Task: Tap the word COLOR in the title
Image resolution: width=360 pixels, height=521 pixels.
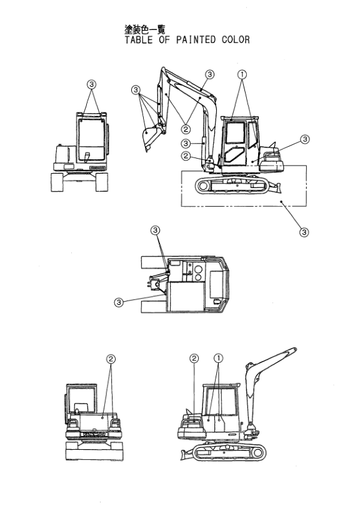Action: click(x=235, y=40)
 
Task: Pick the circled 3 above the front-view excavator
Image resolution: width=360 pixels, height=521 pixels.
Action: click(x=92, y=84)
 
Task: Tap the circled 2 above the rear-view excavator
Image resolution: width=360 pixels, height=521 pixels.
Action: click(x=111, y=359)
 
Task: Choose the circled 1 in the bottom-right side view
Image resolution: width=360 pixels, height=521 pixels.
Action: click(x=219, y=358)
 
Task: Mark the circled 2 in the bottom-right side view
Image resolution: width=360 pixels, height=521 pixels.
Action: click(x=194, y=358)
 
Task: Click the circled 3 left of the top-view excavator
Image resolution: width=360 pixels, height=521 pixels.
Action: click(x=119, y=302)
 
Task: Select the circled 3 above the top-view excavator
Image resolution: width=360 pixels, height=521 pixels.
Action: click(x=156, y=231)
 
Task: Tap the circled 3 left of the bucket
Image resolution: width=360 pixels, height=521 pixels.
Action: click(x=136, y=91)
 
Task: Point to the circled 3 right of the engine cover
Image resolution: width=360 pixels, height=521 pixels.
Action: click(x=304, y=139)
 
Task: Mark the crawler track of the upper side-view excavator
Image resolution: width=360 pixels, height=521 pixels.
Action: click(x=231, y=186)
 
